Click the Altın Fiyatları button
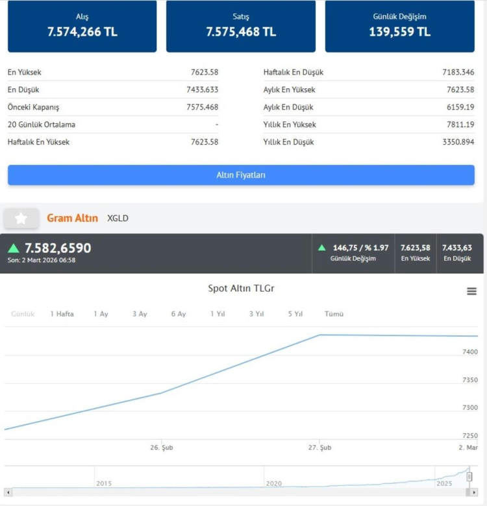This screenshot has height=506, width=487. [x=241, y=175]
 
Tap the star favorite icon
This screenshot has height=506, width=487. [x=21, y=219]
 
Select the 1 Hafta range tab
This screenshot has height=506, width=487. [x=62, y=314]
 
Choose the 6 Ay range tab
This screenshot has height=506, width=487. [x=179, y=314]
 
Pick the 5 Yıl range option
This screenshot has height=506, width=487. [x=295, y=314]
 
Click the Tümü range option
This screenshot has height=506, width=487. [x=334, y=314]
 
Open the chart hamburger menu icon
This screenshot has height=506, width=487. [x=472, y=291]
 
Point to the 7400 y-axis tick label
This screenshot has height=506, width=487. [x=469, y=352]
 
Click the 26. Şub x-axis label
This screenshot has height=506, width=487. [x=162, y=448]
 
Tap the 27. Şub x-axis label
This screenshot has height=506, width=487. [x=320, y=448]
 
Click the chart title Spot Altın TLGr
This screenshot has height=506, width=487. [x=241, y=289]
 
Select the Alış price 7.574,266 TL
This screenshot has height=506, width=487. [x=82, y=32]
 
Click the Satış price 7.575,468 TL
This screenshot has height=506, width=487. [x=241, y=32]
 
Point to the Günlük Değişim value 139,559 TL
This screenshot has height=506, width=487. [x=400, y=32]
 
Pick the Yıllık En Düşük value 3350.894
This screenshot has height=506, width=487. [x=458, y=142]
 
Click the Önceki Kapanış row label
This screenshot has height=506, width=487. [x=33, y=107]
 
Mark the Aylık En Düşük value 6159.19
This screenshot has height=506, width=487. [x=460, y=107]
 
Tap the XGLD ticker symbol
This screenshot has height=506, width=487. [x=118, y=219]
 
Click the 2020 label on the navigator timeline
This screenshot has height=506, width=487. [x=273, y=484]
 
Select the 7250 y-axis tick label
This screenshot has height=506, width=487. [x=469, y=436]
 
